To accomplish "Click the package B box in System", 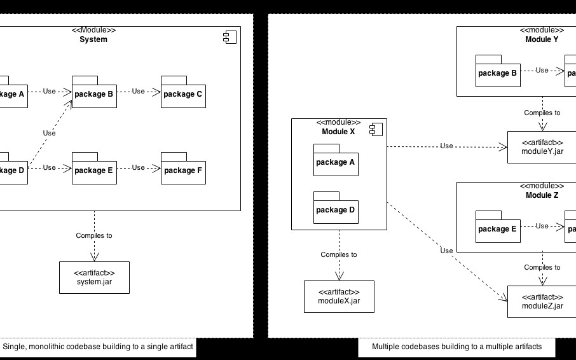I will pos(94,95).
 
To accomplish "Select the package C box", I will pos(183,95).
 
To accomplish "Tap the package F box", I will pos(183,171).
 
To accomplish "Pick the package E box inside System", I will pos(94,171).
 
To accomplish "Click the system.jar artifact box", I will pos(94,277).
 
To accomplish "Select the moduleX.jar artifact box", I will pos(339,296).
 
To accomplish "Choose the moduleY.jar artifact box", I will pos(542,147).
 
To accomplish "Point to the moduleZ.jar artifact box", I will pos(542,301).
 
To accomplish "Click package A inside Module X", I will pos(336,163).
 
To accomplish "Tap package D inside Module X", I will pos(336,211).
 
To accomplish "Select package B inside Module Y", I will pos(498,74).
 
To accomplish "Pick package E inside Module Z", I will pos(498,230).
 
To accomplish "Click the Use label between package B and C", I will pos(139,92).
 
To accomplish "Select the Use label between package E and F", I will pos(139,168).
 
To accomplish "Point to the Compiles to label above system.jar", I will pos(94,235).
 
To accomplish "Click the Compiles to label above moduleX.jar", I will pos(339,254).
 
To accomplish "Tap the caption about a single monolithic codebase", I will pos(98,347).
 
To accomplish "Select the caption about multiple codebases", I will pos(456,347).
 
